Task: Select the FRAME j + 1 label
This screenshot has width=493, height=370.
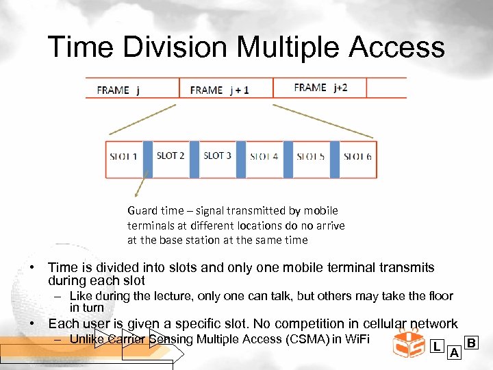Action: point(219,90)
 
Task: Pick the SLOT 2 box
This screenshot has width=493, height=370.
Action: point(170,156)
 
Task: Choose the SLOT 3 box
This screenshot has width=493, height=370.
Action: point(217,156)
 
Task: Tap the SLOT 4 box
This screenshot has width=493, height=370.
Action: point(264,157)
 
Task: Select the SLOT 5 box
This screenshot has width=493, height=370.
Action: point(311,157)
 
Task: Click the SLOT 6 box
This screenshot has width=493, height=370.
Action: point(357,157)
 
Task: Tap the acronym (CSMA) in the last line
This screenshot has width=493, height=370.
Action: point(307,339)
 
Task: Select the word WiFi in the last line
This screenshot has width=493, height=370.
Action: point(355,339)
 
